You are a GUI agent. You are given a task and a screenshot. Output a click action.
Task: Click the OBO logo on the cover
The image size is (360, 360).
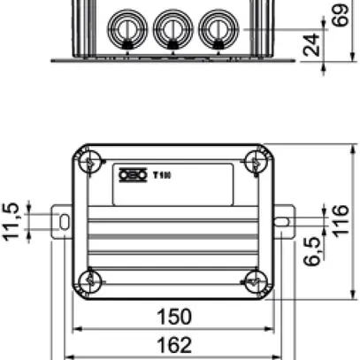click(131, 173)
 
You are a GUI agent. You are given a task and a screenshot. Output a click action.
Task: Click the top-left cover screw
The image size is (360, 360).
click(88, 162)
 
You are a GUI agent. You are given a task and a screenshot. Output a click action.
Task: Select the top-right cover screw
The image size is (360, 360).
click(255, 162)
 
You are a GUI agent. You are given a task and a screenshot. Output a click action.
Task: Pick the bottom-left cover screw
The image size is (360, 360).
click(88, 281)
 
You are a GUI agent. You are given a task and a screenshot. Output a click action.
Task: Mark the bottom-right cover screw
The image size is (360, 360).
click(255, 281)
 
